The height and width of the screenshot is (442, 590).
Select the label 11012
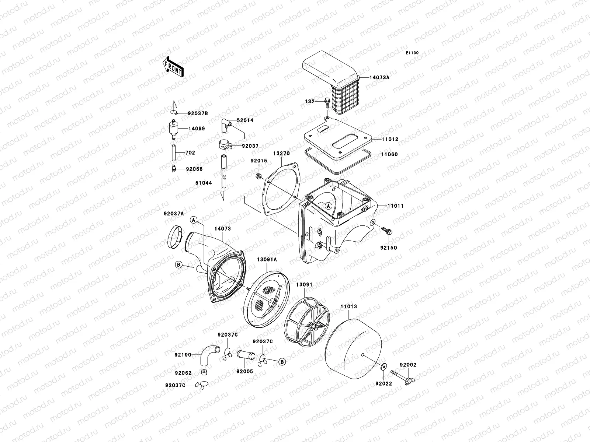pos(381,140)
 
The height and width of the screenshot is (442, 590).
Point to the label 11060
pos(381,155)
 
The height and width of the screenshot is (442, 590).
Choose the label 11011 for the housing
pos(395,206)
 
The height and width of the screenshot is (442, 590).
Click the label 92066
pos(194,169)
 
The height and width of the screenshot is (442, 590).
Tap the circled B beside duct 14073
pos(178,264)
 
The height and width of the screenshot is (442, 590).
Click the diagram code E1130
pos(412,53)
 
